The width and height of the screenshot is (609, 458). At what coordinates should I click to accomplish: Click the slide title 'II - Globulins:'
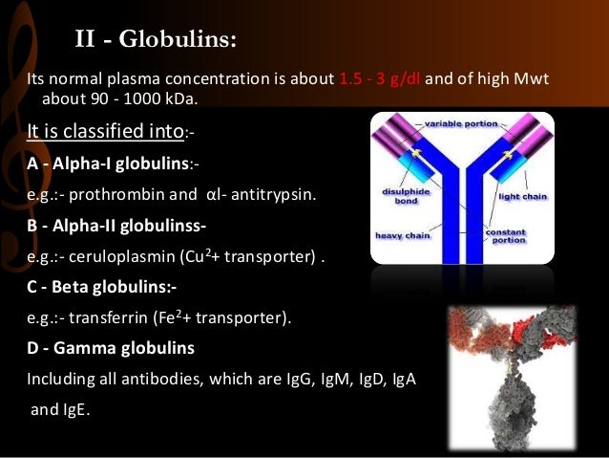(x=156, y=40)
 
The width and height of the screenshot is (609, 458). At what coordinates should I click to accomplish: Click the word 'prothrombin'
(x=112, y=195)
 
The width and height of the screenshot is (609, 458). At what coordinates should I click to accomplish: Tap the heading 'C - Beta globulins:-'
(x=101, y=287)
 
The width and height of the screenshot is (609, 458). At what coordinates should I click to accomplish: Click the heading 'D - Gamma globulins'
(x=110, y=347)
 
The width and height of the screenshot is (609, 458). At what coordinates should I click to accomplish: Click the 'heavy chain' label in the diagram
(x=397, y=234)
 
